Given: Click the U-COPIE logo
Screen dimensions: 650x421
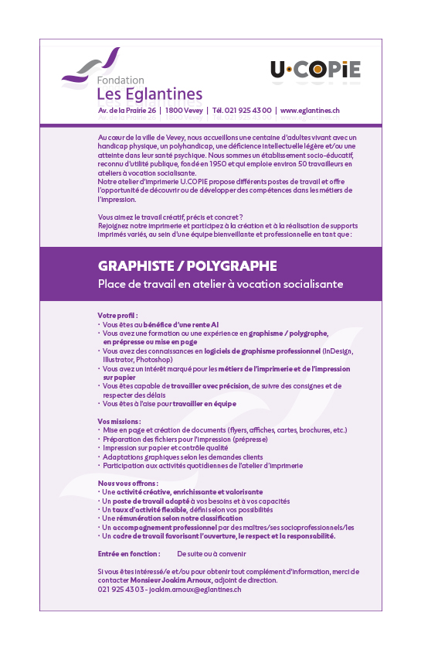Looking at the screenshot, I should coord(315,70).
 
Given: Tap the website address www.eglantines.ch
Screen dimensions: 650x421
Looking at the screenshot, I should coord(310,111).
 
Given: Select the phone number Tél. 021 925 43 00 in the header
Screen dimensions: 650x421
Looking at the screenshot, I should coord(242,111).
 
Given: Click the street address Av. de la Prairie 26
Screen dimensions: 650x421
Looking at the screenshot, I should coord(127,111).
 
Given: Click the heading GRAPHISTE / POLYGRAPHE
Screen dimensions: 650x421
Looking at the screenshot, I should coord(187,265).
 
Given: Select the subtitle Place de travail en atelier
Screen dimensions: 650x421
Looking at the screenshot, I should coord(220,284).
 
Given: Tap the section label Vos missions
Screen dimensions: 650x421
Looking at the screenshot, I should coord(120,421).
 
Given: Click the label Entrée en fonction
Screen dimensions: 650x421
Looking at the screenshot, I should coord(129,554).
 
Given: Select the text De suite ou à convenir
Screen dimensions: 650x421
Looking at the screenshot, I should coord(212,554).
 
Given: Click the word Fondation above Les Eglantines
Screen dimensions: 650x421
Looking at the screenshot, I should coord(121,80).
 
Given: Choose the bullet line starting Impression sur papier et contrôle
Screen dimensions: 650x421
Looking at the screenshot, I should coord(165,447).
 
